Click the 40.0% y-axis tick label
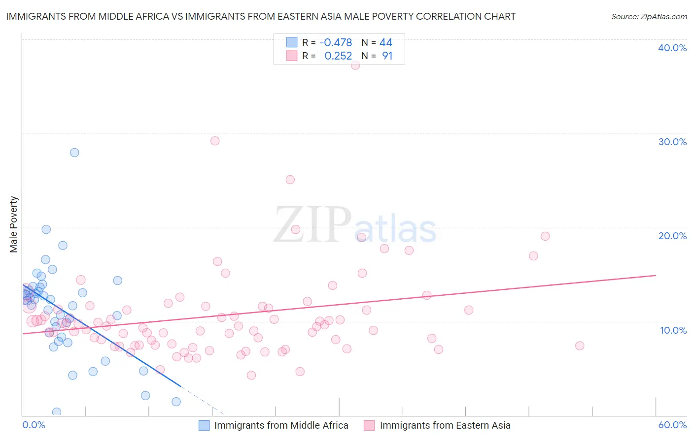pos(672,48)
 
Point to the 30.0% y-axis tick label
pos(672,142)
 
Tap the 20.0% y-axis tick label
pos(672,236)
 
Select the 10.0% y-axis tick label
pos(673,330)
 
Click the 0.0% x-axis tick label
pos(34,425)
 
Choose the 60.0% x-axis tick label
pos(672,425)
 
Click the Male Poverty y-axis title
pos(14,224)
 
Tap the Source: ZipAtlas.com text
pos(649,17)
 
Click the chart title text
pos(261,17)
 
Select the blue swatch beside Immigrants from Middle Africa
pos(205,425)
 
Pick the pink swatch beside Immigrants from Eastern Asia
pos(369,425)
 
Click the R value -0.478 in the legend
pos(336,43)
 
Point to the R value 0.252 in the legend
pos(338,56)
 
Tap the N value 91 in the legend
pos(387,56)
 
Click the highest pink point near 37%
pos(355,65)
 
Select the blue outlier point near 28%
pos(74,153)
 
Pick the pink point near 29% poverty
pos(215,141)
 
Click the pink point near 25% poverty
pos(290,180)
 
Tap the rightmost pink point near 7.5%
pos(580,346)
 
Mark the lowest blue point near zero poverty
pos(57,412)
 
